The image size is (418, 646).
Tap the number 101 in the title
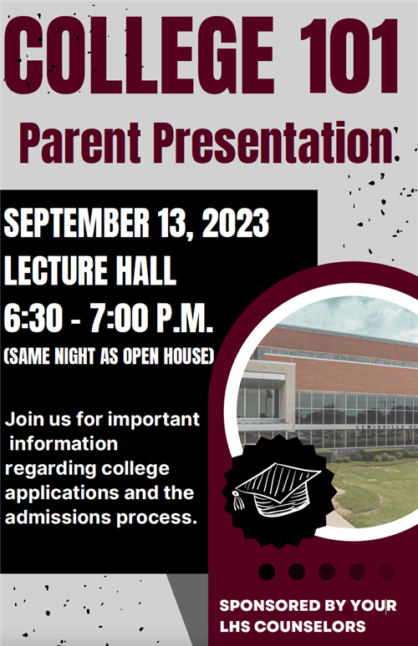[x=349, y=54]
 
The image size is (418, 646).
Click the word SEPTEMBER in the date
[x=77, y=223]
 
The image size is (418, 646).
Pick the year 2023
[x=235, y=223]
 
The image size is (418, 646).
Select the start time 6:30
[x=33, y=319]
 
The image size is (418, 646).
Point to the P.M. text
[x=185, y=319]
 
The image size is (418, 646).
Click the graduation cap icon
[x=277, y=489]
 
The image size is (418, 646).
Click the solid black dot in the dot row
[x=267, y=572]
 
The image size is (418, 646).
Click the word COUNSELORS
[x=310, y=627]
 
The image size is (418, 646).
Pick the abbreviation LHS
[x=235, y=627]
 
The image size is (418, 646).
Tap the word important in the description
[x=154, y=420]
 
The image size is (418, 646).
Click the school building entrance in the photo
[x=261, y=401]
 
